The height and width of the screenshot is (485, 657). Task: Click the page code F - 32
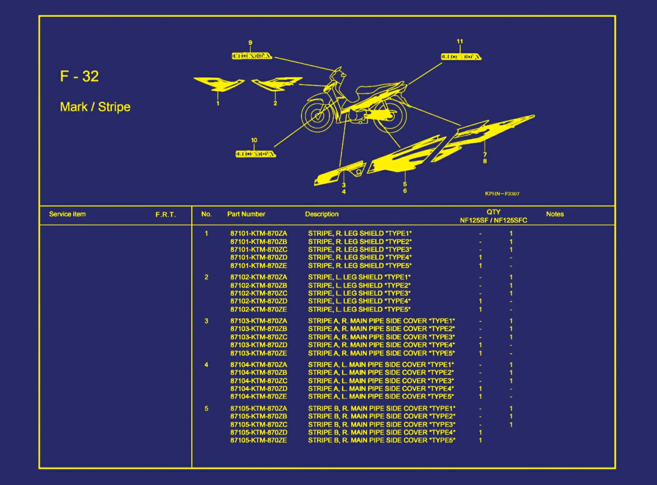pos(79,76)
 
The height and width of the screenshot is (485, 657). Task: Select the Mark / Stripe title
pos(95,107)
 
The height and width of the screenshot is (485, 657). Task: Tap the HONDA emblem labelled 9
pos(252,56)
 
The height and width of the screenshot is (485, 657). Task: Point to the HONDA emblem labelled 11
pos(461,57)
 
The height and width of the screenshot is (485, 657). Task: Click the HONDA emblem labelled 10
pos(256,154)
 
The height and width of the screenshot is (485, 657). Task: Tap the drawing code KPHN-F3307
pos(502,194)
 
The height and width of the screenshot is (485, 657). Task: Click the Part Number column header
pos(246,214)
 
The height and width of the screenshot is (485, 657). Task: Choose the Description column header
pos(322,214)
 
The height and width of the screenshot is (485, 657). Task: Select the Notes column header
pos(555,214)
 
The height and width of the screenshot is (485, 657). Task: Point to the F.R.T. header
pos(166,215)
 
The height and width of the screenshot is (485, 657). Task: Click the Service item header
pos(68,214)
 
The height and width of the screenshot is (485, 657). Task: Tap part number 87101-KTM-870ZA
pos(259,233)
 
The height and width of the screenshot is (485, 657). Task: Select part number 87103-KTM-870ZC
pos(259,337)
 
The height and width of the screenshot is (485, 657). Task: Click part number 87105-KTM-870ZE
pos(259,440)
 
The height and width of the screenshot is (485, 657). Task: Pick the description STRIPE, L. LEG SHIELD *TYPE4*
pos(359,301)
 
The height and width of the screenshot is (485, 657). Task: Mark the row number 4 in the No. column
pos(206,365)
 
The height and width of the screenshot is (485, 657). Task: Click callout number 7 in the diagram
pos(485,154)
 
